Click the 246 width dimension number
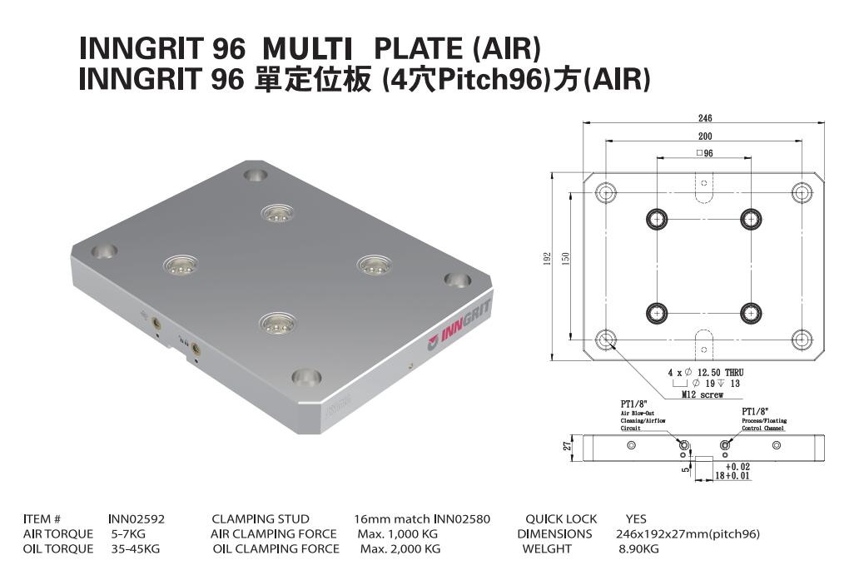704,118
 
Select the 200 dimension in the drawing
704,136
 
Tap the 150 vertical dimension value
565,260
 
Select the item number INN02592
137,519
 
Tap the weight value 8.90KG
638,549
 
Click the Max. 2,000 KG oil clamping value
400,549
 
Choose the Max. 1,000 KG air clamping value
397,534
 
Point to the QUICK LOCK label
561,519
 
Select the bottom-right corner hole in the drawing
802,339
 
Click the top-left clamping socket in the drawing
658,219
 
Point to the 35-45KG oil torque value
136,549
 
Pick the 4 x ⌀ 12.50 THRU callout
705,372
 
